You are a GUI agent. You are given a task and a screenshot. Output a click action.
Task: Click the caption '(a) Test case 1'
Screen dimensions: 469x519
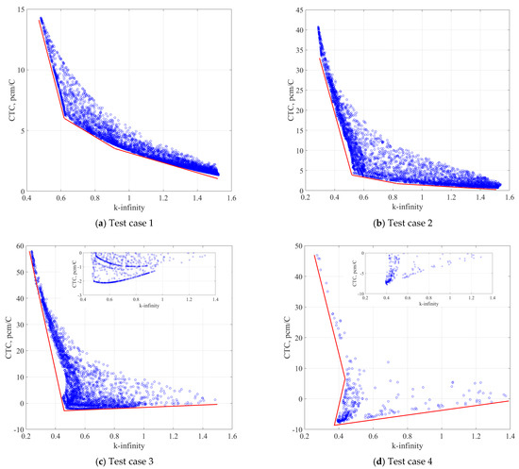127,220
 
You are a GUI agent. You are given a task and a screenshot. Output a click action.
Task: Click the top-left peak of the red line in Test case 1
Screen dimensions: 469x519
39,19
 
